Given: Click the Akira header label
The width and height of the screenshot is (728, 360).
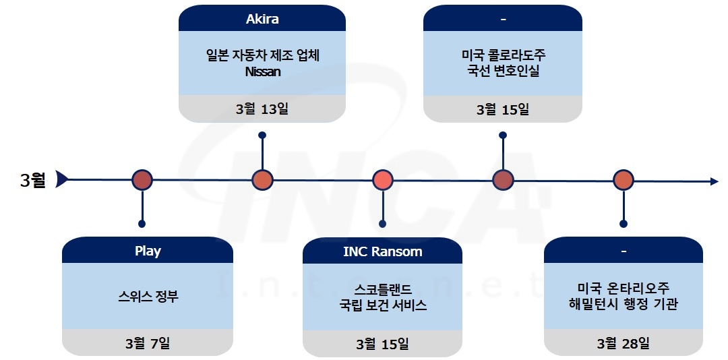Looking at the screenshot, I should pos(262,19).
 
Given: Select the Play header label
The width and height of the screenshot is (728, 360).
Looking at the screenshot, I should pos(148,251).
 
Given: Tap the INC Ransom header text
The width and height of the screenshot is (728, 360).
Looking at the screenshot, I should pos(382,251).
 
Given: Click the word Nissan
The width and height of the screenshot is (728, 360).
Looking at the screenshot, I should pos(263,71).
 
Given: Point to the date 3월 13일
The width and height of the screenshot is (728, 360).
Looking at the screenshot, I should pos(262,109).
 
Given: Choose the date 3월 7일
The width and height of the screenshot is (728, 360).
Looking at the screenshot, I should pos(148,343).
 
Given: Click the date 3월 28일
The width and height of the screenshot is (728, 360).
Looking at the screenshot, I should pos(624,343).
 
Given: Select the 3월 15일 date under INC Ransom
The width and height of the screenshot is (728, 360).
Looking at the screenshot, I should pos(382,344).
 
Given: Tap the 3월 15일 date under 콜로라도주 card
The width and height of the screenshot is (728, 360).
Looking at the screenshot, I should pos(503,109).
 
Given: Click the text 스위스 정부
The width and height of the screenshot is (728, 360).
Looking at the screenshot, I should pos(148,296).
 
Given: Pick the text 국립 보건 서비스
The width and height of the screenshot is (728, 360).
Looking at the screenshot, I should pos(383,305).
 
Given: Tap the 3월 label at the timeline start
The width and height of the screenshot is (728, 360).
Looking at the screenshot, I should pos(33,180).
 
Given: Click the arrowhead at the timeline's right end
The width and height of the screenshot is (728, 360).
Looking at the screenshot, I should pos(714,181).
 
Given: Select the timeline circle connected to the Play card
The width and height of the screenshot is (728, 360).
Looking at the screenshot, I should pos(142,180).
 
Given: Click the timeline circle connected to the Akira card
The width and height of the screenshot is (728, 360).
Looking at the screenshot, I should pos(262,180).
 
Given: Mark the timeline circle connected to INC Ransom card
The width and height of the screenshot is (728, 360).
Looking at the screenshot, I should pos(383,180).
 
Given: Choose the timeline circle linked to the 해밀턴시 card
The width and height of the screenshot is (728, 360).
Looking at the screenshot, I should pos(624,180).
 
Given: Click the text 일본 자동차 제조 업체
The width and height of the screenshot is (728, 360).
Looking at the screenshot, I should pos(263,55).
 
